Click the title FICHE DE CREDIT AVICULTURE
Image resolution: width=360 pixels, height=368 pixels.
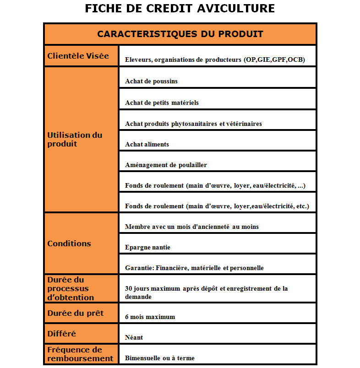[x=180, y=9]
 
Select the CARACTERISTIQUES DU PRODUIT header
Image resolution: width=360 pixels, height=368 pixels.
[x=180, y=34]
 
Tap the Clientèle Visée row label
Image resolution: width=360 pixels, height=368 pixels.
[x=78, y=56]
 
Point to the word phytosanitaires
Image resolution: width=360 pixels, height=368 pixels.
[x=191, y=124]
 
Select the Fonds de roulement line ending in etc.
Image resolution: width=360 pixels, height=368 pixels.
[x=217, y=206]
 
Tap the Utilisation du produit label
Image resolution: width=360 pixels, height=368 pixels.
[x=75, y=139]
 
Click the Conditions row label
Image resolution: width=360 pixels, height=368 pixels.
[x=69, y=244]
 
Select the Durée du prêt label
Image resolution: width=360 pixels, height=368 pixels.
[x=76, y=314]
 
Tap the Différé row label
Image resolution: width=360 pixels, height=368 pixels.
[x=62, y=334]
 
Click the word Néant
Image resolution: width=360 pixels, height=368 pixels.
[x=134, y=338]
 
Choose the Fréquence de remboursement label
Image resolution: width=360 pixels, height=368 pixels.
[x=80, y=354]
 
